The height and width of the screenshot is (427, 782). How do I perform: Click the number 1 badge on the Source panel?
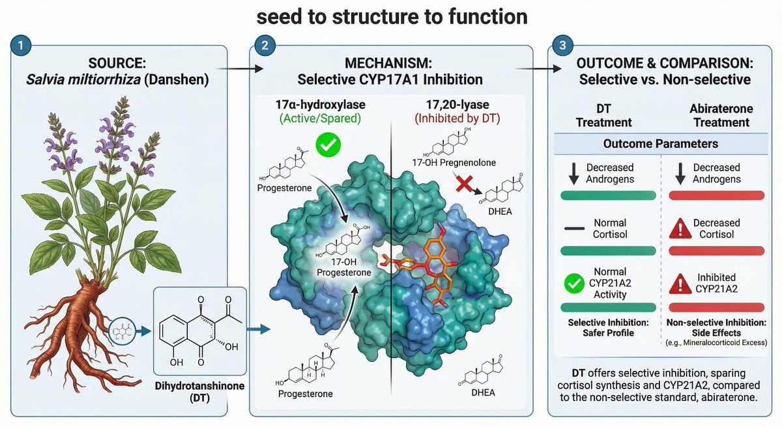coord(22,47)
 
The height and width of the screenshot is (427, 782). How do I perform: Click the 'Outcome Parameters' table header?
coord(660,143)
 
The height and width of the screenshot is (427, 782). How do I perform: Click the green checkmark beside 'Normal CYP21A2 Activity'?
coord(574,284)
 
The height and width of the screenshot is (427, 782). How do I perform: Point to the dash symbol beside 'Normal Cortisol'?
coord(574,229)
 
